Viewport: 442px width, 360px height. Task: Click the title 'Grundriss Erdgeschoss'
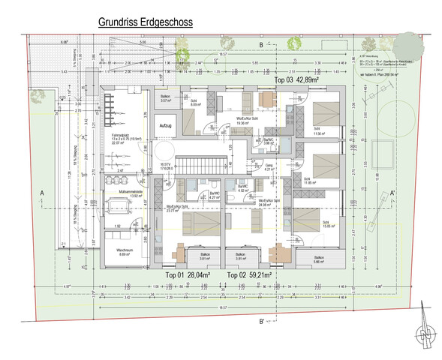[x=145, y=23]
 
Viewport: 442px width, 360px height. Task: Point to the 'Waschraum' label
[x=125, y=250]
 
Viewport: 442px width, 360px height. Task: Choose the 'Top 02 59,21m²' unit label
[x=248, y=275]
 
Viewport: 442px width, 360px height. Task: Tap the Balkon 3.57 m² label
[x=167, y=99]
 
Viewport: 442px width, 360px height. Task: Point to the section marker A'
[x=392, y=192]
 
